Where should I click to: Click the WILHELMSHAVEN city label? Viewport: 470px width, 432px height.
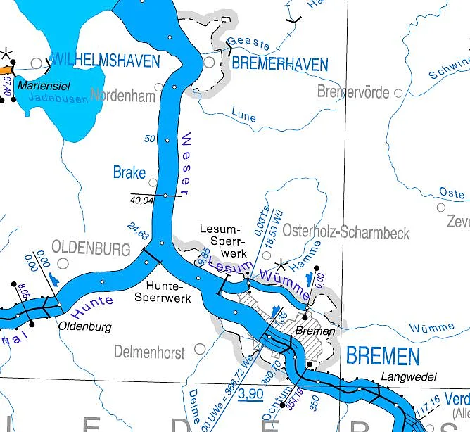[106, 61]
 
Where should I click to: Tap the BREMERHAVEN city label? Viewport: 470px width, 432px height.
[280, 65]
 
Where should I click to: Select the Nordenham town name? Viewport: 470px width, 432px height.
[122, 96]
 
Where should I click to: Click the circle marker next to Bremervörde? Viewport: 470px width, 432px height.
[399, 92]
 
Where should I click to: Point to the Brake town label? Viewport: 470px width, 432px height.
[129, 172]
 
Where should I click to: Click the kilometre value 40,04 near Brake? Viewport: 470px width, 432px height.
[141, 201]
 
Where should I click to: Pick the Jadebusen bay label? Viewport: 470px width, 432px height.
[59, 99]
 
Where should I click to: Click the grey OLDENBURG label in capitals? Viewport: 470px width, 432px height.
[91, 249]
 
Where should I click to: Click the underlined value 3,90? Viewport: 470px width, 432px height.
[250, 393]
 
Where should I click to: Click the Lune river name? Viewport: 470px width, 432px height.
[243, 115]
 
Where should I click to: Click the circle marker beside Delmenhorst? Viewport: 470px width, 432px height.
[200, 348]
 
